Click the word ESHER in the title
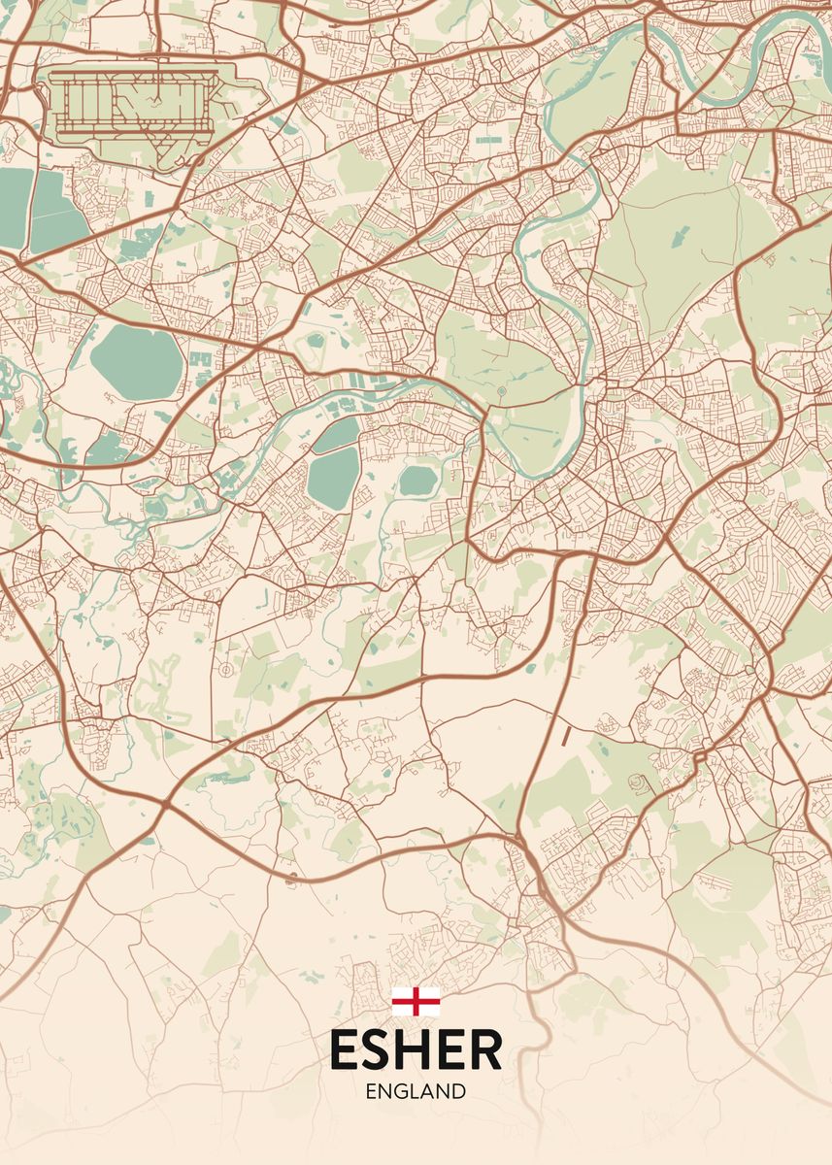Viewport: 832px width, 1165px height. click(416, 1049)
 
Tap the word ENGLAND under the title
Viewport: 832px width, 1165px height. click(416, 1091)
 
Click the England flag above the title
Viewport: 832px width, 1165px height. click(416, 1001)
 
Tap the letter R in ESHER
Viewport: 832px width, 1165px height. click(487, 1049)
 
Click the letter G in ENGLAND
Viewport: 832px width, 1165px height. click(403, 1091)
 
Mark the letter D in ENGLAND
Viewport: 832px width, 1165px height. click(459, 1091)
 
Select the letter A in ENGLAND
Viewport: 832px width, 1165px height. click(429, 1091)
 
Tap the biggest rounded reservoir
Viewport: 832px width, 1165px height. click(136, 361)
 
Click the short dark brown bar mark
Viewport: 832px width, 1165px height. click(565, 735)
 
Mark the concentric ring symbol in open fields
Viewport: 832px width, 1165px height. click(225, 669)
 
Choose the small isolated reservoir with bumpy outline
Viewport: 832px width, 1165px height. click(417, 480)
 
